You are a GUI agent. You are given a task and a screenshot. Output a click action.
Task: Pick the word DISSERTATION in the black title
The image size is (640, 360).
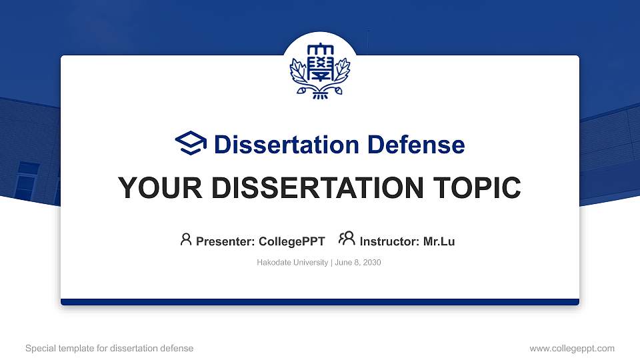(x=311, y=188)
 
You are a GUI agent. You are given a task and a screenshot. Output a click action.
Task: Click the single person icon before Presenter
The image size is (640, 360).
(x=186, y=239)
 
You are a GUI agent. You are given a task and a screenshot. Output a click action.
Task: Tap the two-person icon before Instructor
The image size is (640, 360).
(x=347, y=239)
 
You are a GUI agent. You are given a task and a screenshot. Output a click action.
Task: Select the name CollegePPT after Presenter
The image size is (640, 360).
(x=291, y=241)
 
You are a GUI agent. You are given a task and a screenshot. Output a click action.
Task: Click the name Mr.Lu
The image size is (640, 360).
(x=439, y=241)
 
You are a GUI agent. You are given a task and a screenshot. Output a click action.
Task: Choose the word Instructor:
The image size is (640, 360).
(x=389, y=241)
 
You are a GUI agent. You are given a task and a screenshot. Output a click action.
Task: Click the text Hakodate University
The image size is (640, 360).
(x=292, y=263)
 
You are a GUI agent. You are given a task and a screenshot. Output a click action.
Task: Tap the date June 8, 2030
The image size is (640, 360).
(x=357, y=263)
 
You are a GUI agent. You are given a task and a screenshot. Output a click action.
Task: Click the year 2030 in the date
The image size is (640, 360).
(x=371, y=263)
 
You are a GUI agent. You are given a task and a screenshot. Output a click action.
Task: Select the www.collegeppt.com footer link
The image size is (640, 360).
(x=571, y=348)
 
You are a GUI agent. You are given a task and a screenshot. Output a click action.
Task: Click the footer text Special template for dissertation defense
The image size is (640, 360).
(x=109, y=348)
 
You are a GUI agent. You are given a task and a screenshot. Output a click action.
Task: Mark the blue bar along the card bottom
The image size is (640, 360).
(x=320, y=302)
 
